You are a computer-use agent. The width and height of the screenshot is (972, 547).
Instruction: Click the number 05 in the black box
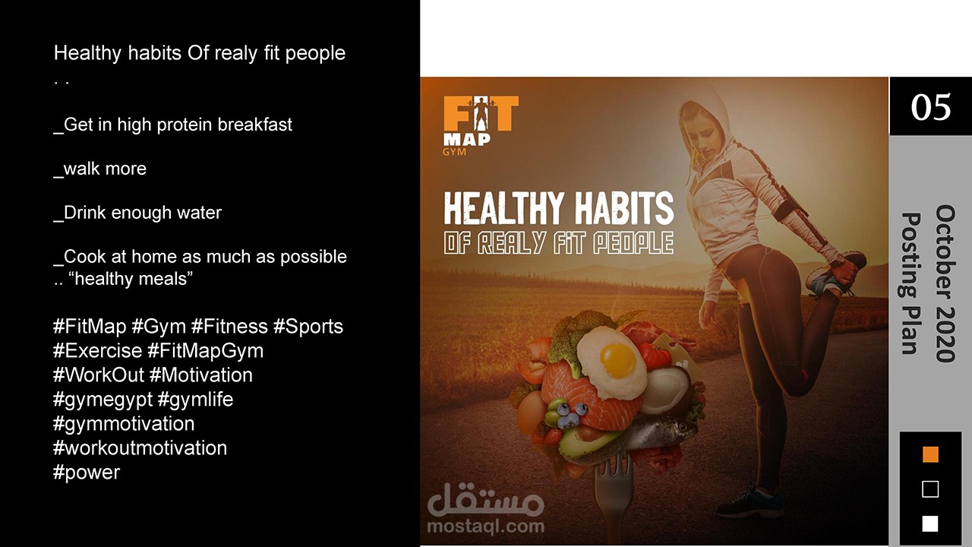tap(931, 107)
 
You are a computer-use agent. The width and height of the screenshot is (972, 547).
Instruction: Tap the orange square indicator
tap(930, 454)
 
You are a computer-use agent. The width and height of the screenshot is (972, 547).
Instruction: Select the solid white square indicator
tap(930, 523)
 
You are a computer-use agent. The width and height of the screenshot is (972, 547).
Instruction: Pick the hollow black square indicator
tap(930, 489)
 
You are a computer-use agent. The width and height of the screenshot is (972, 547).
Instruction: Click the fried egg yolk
tap(617, 360)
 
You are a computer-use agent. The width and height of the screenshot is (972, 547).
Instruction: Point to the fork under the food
tap(614, 499)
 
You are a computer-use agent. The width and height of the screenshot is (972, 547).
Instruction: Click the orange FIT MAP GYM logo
tap(481, 125)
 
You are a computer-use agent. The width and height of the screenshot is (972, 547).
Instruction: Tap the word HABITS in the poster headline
tap(624, 209)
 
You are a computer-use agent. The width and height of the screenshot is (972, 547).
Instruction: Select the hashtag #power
tap(87, 473)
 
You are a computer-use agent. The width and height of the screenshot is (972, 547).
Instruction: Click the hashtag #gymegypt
tap(103, 400)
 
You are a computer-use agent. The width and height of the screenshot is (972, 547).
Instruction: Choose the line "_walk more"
tap(99, 169)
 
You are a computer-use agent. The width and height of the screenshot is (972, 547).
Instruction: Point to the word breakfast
tap(254, 125)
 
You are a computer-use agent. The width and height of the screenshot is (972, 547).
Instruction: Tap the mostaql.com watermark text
tap(485, 526)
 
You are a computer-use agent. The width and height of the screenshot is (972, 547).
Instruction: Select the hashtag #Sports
tap(308, 327)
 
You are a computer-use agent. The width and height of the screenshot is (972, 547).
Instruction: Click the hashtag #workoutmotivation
tap(140, 448)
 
